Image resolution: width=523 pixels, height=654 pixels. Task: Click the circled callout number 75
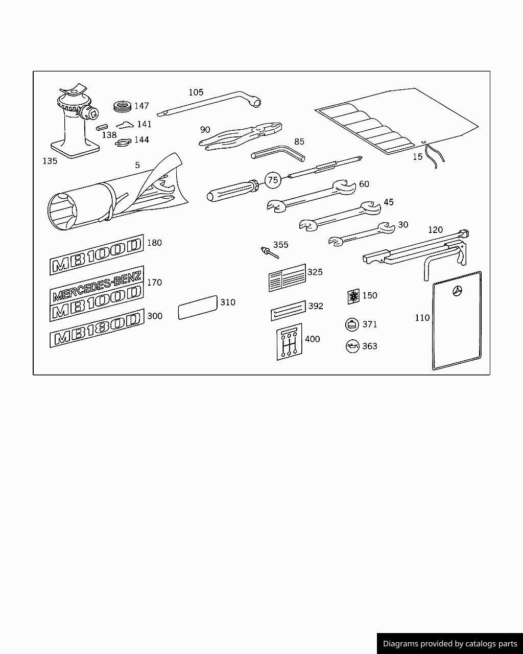point(273,180)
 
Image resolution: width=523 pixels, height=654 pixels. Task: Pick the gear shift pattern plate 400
point(289,341)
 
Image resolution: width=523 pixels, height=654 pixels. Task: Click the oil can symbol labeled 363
point(352,346)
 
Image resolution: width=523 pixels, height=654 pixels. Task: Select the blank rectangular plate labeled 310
point(198,308)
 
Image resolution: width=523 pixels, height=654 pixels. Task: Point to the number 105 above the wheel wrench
point(196,92)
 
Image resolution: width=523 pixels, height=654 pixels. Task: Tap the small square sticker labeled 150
point(353,296)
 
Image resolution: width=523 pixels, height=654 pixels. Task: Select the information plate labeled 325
point(287,278)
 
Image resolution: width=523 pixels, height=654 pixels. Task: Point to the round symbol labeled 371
point(352,324)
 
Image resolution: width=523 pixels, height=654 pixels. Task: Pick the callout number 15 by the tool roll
point(418,157)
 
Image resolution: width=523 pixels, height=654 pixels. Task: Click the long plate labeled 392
point(288,311)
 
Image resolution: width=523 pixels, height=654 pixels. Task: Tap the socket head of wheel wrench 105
point(254,103)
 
